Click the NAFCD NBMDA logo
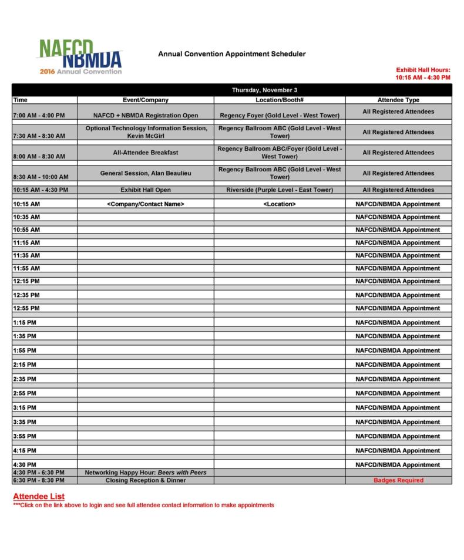pos(81,56)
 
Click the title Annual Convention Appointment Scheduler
pos(231,54)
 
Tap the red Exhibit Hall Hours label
pos(423,70)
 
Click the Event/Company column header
pos(146,100)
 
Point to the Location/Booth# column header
pos(280,100)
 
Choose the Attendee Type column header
pos(398,100)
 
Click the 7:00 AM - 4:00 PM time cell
pos(39,115)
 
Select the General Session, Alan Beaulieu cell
pos(146,173)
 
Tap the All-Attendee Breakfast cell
pos(146,153)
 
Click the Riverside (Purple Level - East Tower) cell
pos(280,190)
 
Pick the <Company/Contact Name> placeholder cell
pos(146,204)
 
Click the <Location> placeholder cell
pos(280,204)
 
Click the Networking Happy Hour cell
pos(146,473)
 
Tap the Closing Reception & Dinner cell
pos(146,480)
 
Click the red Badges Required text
pos(398,480)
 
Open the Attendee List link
pos(39,496)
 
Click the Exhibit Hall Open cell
pos(146,190)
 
